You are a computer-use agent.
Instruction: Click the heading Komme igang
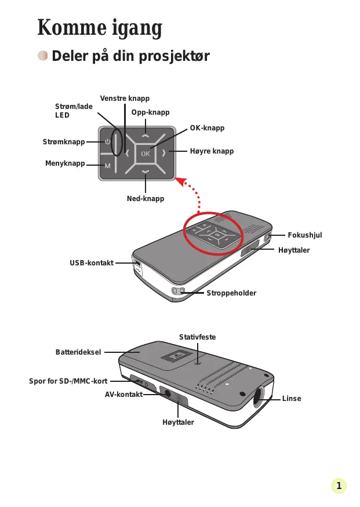[x=99, y=28]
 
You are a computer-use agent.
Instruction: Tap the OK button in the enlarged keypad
[x=145, y=154]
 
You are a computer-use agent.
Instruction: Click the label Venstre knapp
[x=125, y=99]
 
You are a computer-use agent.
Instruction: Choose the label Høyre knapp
[x=212, y=151]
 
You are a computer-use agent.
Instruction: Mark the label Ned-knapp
[x=146, y=199]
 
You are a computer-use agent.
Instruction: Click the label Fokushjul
[x=304, y=235]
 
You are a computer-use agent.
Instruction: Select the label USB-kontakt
[x=92, y=263]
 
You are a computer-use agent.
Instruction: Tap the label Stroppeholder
[x=231, y=293]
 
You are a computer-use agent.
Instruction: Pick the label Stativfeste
[x=197, y=337]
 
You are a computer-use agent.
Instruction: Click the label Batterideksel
[x=78, y=352]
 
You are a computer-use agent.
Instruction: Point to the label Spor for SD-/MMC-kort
[x=68, y=381]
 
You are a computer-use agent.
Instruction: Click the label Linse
[x=292, y=399]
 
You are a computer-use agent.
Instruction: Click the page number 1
[x=339, y=485]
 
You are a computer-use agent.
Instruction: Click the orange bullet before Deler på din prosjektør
[x=43, y=56]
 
